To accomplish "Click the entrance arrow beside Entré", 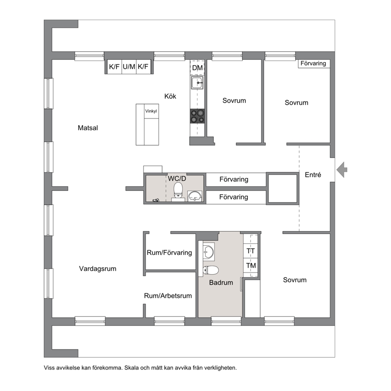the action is [x=342, y=169].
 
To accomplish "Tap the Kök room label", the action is [x=170, y=96].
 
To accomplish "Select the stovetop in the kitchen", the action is [x=197, y=116].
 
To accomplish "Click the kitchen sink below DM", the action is [x=197, y=82].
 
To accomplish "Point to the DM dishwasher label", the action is [x=197, y=67].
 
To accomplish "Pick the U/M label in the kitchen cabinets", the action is [x=129, y=67].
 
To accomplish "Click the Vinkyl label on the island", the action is [x=151, y=111].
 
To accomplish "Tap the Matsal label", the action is [x=88, y=128].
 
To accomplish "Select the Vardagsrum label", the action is [x=97, y=269].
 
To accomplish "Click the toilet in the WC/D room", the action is [x=178, y=192].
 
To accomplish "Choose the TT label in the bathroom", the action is [x=251, y=251].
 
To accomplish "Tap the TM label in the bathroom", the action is [x=251, y=266].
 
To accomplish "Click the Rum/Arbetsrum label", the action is [x=168, y=296].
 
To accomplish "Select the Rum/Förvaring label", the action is [x=169, y=253].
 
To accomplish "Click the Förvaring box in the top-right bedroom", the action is [x=314, y=63].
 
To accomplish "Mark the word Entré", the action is [x=313, y=175].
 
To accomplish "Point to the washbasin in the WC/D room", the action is [x=195, y=196].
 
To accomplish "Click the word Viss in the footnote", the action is [x=48, y=368].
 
